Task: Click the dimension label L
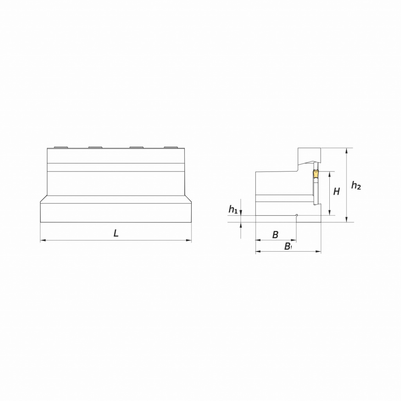click(116, 233)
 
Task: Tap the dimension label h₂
click(356, 185)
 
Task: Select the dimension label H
click(336, 191)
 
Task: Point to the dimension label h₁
click(233, 210)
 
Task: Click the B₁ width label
click(288, 246)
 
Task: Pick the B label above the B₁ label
click(275, 235)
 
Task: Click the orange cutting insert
click(316, 174)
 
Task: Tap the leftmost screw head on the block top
click(61, 147)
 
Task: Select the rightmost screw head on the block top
click(171, 147)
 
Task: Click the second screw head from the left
click(95, 147)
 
